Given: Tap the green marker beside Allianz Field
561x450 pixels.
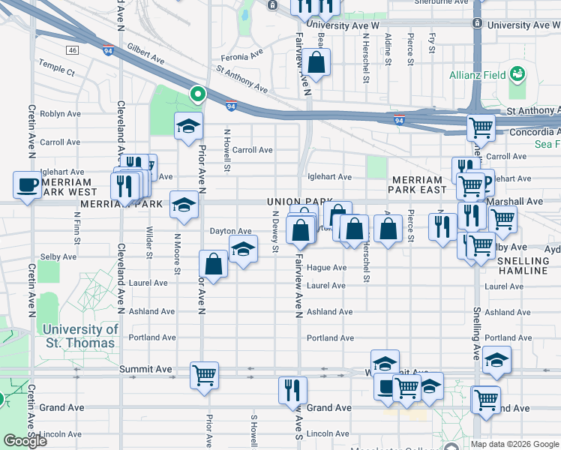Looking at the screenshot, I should (517, 74).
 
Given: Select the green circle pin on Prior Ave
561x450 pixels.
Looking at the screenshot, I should (197, 94).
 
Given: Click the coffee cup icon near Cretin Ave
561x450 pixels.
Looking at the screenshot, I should (28, 184).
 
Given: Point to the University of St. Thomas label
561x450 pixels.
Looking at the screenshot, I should (79, 336).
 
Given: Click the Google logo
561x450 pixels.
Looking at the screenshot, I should (25, 441).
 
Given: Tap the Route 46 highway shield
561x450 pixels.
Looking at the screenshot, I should (72, 50).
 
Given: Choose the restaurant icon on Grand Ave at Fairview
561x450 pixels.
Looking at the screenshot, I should (292, 389).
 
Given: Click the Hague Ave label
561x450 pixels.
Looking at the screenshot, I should (326, 268).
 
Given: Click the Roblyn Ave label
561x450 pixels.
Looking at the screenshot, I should (60, 114).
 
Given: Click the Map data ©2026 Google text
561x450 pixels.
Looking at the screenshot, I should (514, 443).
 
